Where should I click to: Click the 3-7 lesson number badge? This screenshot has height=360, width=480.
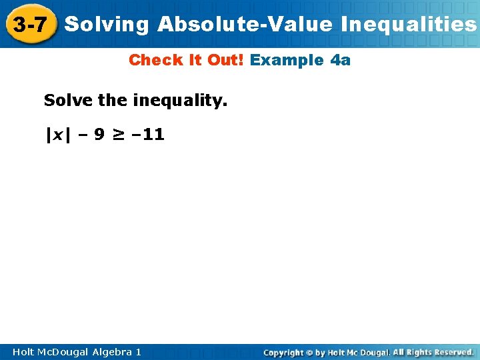[x=29, y=25]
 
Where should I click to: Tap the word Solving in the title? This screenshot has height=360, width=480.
[x=107, y=25]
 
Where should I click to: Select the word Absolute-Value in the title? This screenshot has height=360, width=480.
[x=245, y=25]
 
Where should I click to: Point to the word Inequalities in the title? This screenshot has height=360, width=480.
[x=408, y=25]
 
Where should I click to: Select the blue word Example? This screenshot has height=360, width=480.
[x=287, y=60]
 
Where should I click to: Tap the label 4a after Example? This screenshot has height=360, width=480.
[x=340, y=60]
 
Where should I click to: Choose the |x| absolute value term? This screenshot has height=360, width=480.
[x=57, y=135]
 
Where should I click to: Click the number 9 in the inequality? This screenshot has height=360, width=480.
[x=99, y=135]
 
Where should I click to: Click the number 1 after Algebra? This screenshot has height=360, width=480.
[x=138, y=351]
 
